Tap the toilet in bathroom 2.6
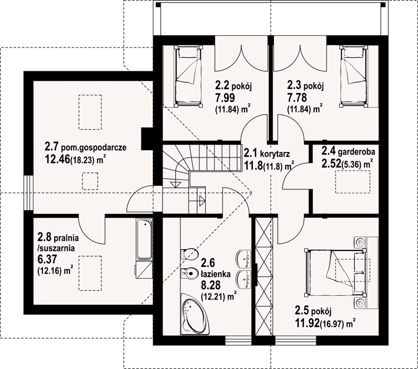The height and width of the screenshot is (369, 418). (x=190, y=254)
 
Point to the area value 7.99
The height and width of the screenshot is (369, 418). (x=225, y=98)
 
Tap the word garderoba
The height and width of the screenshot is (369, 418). (x=356, y=152)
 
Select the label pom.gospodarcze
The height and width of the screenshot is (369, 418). (x=94, y=148)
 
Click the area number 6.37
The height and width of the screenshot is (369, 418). (x=47, y=259)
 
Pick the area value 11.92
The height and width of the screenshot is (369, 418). (x=307, y=323)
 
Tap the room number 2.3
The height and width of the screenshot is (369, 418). (x=294, y=85)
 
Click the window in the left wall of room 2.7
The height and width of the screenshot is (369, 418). (x=28, y=192)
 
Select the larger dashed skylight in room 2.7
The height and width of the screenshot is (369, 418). (x=90, y=112)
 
